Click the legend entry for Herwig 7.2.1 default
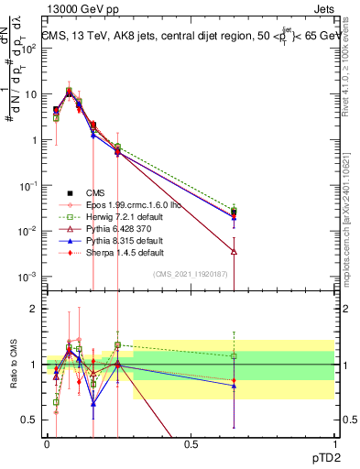(x=114, y=215)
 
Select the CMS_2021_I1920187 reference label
(x=198, y=273)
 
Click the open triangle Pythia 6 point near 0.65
(x=235, y=251)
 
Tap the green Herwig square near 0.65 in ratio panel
(x=235, y=355)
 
